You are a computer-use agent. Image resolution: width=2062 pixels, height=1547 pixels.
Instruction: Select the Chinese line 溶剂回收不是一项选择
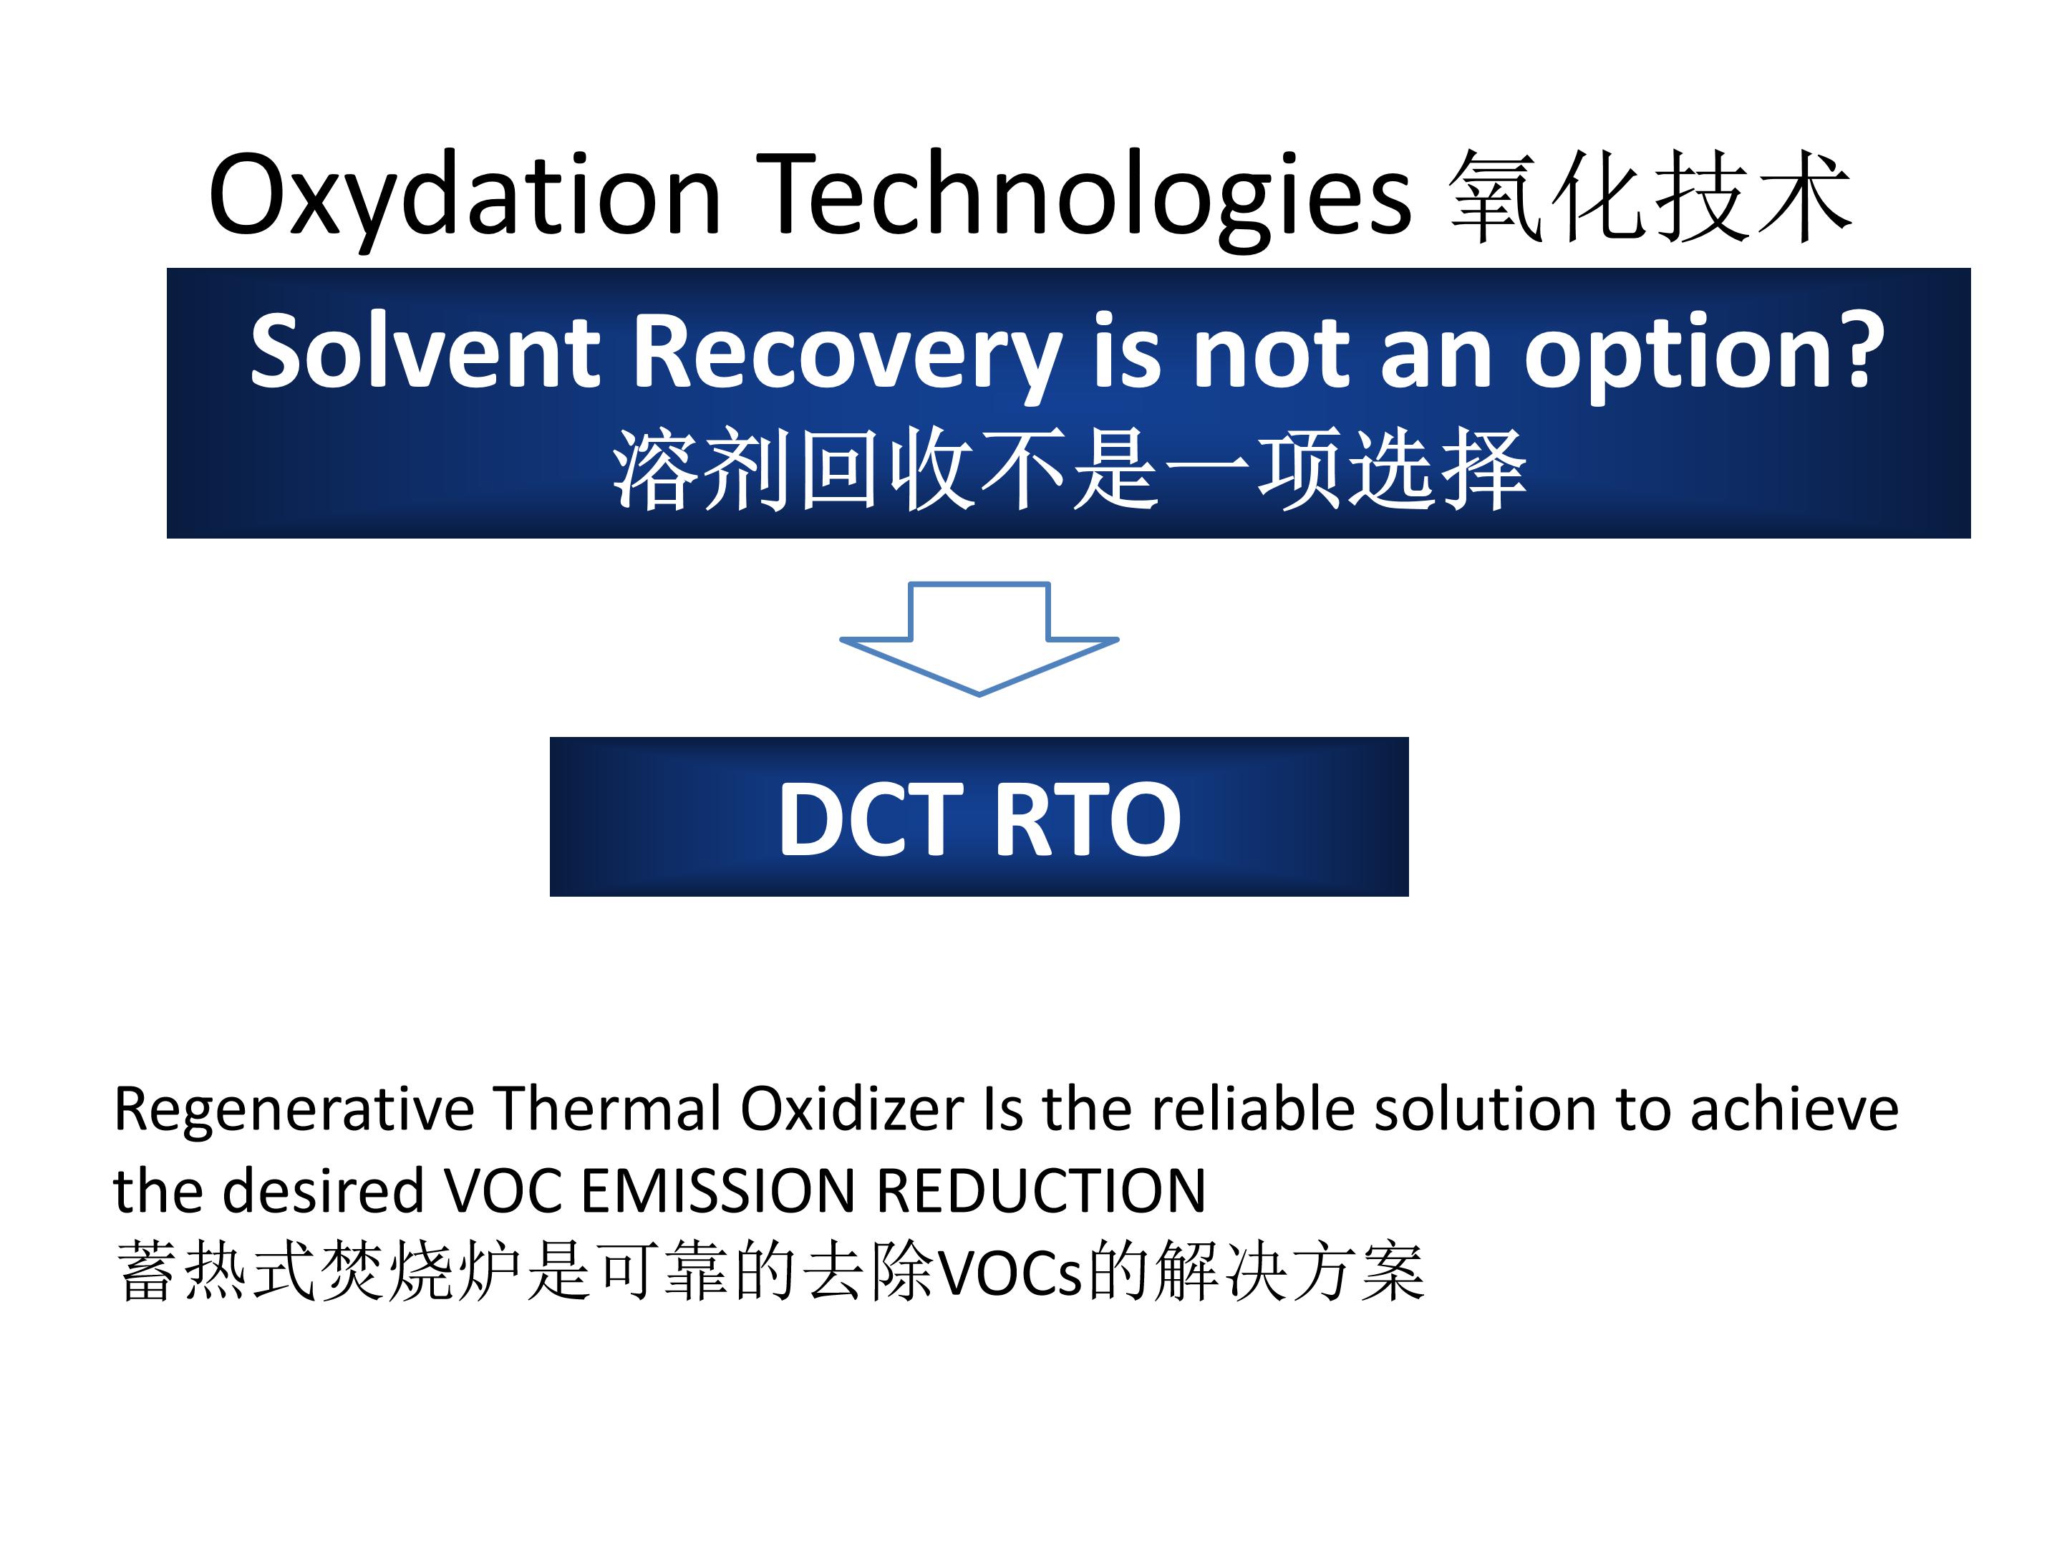click(x=1068, y=471)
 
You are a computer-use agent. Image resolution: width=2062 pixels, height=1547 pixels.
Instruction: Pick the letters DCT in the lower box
click(x=871, y=819)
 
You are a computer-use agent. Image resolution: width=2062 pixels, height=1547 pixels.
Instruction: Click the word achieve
click(x=1794, y=1109)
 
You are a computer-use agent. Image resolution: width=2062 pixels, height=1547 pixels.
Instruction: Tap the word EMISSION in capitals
click(x=719, y=1191)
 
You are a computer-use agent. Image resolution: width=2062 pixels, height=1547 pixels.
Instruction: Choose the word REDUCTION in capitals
click(x=1041, y=1191)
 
